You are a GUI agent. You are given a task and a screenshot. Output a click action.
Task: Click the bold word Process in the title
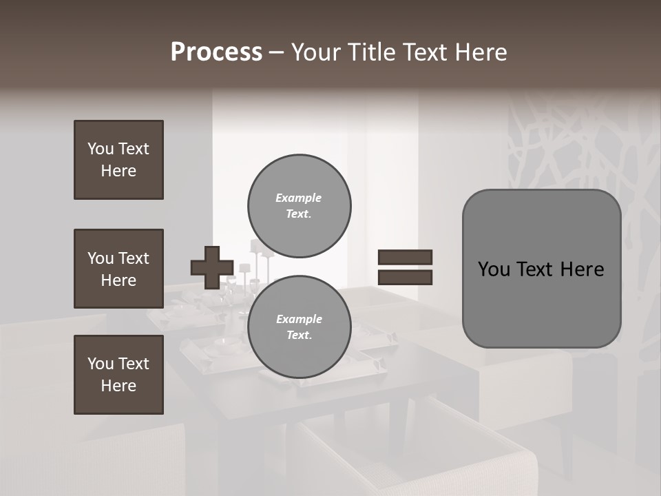(216, 52)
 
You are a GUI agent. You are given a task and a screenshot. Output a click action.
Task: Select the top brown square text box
(118, 160)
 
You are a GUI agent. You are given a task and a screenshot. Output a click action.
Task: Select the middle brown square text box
(118, 269)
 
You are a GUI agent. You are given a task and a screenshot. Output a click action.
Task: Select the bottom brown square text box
(118, 375)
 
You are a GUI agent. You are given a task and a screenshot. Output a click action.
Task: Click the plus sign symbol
(212, 267)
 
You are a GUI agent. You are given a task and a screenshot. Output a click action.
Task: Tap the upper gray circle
(299, 205)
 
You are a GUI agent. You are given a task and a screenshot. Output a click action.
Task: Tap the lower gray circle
(299, 327)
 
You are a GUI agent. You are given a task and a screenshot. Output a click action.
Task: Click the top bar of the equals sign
(405, 257)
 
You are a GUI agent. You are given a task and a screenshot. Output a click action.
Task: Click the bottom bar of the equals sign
(405, 277)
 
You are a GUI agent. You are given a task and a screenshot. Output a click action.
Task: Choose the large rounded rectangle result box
(541, 269)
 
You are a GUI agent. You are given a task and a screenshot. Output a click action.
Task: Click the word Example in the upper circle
(299, 198)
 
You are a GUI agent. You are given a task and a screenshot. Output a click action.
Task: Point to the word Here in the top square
(118, 171)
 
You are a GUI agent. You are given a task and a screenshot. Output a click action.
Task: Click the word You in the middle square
(99, 258)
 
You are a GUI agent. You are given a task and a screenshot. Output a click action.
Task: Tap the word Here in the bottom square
(118, 386)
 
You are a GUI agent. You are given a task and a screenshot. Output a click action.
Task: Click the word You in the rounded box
(494, 269)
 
